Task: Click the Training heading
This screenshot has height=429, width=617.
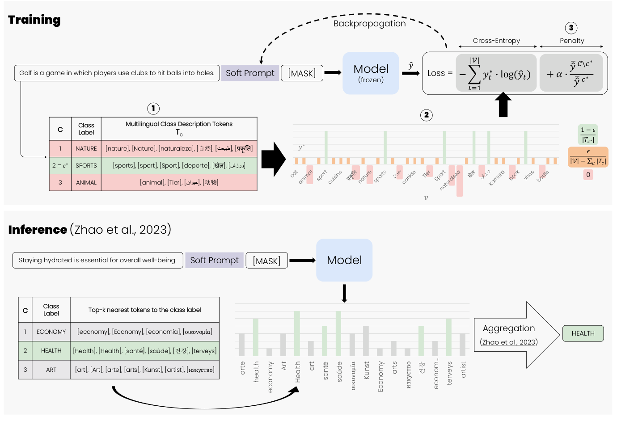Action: [34, 20]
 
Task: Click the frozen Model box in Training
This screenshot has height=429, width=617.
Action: [371, 73]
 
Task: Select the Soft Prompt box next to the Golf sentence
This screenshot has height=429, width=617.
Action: [250, 73]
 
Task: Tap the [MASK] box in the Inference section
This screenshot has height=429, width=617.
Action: [266, 261]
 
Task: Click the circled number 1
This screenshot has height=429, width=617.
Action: [153, 108]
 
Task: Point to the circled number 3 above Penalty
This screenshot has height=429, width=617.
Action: [571, 28]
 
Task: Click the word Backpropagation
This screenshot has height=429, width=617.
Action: [369, 23]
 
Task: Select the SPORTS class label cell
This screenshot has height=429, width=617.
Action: [86, 165]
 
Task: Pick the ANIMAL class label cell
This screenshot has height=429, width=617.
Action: [86, 182]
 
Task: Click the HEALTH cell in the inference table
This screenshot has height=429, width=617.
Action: [51, 350]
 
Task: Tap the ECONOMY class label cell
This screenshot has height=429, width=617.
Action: [51, 332]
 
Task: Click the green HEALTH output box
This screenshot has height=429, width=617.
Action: [583, 333]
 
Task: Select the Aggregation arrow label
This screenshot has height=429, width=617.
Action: [509, 328]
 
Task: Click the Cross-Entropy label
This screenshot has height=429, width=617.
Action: [496, 41]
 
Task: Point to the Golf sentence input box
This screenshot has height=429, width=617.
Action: [117, 73]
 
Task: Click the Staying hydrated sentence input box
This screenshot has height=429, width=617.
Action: [97, 260]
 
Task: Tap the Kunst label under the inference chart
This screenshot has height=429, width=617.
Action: [367, 370]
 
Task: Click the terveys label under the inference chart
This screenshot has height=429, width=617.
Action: [449, 373]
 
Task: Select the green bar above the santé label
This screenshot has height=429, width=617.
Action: [325, 341]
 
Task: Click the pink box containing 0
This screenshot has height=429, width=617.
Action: [588, 175]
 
